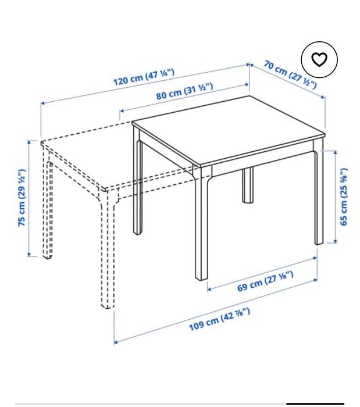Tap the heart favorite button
[319, 59]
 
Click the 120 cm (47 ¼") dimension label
[144, 77]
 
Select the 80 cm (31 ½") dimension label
[184, 91]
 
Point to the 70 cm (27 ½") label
[290, 74]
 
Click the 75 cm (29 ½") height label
[22, 198]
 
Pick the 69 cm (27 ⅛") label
[265, 281]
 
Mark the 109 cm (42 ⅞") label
[220, 319]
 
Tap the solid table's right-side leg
[319, 192]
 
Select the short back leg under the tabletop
[248, 185]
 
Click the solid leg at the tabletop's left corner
[138, 181]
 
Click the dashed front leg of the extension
[108, 249]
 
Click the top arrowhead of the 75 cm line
[29, 142]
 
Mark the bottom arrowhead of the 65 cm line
[336, 241]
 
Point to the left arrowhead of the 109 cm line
[116, 342]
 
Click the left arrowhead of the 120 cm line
[43, 103]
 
